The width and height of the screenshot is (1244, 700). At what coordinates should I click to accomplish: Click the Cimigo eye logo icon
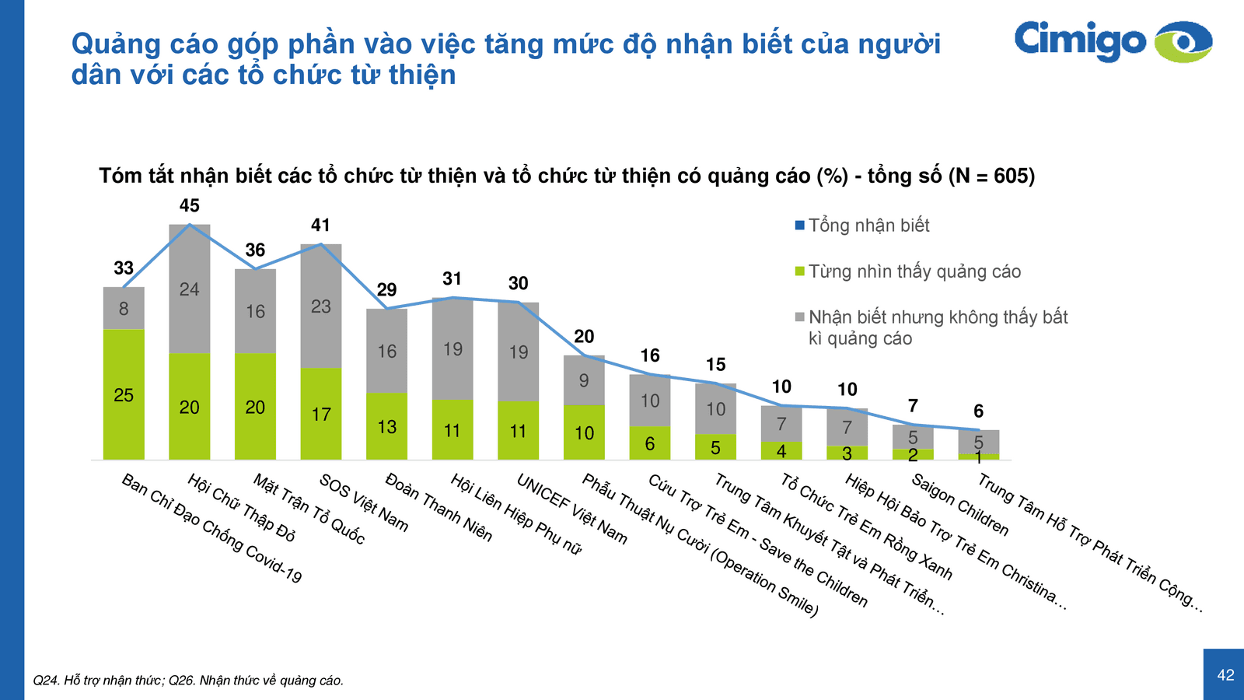pos(1183,41)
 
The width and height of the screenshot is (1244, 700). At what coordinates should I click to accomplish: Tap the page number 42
pos(1225,675)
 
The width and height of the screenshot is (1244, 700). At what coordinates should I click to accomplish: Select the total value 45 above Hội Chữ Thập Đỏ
pos(189,206)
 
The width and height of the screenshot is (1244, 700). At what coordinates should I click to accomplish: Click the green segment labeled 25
pos(124,394)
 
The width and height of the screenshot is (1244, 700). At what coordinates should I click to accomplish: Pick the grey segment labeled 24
pos(189,289)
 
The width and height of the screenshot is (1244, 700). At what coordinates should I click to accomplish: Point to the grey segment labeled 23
pos(321,306)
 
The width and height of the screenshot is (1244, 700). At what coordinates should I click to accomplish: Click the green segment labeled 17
pos(321,414)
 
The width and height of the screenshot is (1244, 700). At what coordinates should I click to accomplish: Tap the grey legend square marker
pos(799,317)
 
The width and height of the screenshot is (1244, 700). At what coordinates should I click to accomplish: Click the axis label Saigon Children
pos(959,505)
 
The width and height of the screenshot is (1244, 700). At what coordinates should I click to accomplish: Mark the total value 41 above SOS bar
pos(320,226)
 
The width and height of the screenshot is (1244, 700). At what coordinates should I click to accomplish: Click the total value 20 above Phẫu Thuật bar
pos(584,337)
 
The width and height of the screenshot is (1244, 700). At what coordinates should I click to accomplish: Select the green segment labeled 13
pos(387,426)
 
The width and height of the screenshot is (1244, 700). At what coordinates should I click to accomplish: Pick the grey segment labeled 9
pos(584,380)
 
